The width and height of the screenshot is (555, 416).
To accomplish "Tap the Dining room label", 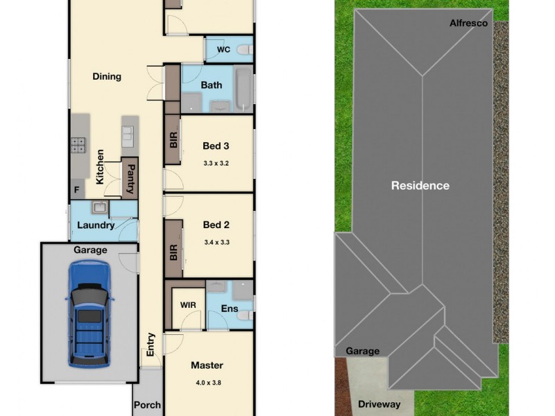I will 107,76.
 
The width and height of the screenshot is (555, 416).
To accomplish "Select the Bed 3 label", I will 216,146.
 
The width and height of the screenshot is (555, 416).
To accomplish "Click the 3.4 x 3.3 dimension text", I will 216,243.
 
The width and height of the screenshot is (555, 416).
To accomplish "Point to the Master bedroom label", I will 207,365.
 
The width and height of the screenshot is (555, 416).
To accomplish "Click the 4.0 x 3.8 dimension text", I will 207,382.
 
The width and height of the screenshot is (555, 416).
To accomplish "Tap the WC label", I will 223,50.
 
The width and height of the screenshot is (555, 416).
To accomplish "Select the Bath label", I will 212,85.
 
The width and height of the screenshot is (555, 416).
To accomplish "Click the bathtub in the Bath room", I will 244,88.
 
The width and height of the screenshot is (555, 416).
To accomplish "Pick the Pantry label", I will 130,178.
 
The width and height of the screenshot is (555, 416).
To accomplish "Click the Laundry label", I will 95,225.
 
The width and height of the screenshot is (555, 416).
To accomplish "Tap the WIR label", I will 188,305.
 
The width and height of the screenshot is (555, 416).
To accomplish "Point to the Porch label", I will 147,405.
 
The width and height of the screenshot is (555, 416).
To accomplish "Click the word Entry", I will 151,345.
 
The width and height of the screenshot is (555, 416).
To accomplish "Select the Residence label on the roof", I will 420,186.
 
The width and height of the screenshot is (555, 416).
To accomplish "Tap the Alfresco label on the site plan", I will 468,23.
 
